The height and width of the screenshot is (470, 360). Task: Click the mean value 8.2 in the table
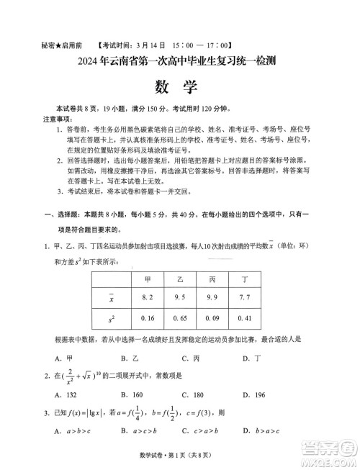(148, 297)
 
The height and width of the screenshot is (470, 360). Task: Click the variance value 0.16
(148, 317)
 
